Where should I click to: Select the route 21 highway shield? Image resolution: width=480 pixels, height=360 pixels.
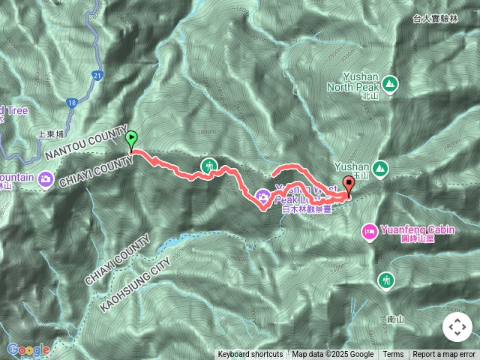[98, 76]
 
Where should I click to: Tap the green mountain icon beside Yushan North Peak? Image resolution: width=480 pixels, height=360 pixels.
[390, 82]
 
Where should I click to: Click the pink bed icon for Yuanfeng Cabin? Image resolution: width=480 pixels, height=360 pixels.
[368, 231]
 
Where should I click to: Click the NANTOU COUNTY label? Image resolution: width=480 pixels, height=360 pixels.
[87, 143]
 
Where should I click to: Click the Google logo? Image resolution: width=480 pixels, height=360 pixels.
[28, 349]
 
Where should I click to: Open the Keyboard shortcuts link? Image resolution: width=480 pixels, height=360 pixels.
[250, 355]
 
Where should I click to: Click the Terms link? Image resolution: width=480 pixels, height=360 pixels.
[393, 355]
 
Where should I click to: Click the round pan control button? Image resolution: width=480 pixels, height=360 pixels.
[456, 327]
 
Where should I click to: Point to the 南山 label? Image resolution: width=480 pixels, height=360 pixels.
[396, 319]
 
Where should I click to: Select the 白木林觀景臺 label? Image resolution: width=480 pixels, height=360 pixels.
[307, 211]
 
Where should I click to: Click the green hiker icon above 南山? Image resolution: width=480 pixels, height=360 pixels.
[386, 280]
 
